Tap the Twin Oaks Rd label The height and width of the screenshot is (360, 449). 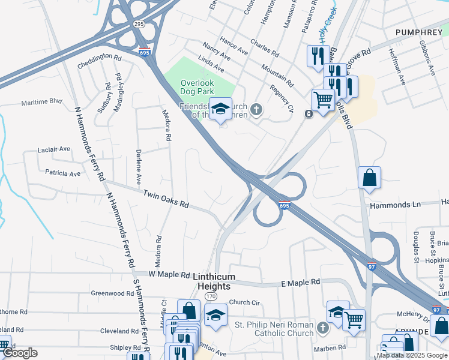(166, 199)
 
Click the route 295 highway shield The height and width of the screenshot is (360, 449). (139, 24)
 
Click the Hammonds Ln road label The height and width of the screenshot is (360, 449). (396, 205)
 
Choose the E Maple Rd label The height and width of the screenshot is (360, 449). (300, 282)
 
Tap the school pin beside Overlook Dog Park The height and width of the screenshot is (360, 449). (220, 110)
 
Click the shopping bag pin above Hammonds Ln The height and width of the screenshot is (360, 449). (369, 178)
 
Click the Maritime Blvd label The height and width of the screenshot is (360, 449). (42, 101)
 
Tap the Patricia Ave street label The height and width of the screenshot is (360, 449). (62, 173)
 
